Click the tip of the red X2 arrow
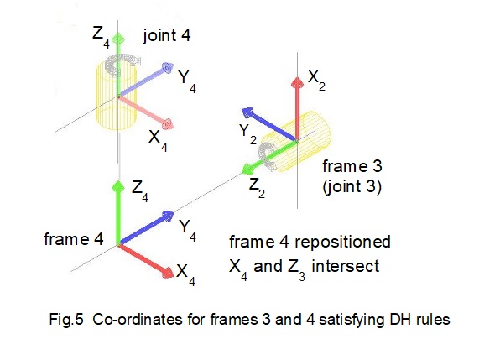(295, 78)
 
